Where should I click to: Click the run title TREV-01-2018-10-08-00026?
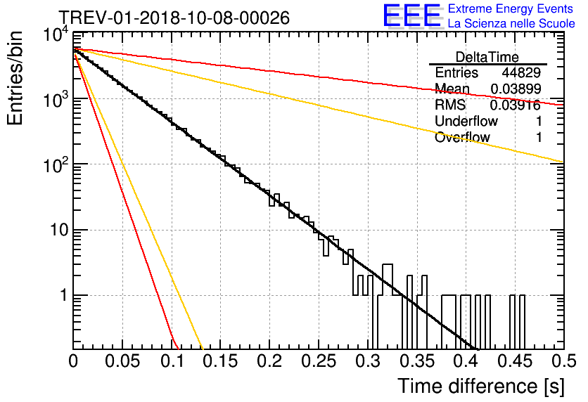174,18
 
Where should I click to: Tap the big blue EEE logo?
412,15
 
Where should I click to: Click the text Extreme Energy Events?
511,8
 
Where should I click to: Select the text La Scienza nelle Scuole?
511,23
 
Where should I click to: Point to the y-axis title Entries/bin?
15,78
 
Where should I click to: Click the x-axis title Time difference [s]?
481,387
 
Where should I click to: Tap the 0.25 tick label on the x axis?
319,361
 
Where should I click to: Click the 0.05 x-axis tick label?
122,361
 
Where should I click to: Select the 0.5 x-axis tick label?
564,361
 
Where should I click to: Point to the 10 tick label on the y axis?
60,230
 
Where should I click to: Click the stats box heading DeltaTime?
487,57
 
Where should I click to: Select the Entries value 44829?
521,72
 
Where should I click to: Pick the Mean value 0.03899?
516,89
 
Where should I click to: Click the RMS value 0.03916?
516,105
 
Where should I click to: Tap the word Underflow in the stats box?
466,121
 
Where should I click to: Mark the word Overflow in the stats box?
462,137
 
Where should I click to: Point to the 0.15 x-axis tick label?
221,361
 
